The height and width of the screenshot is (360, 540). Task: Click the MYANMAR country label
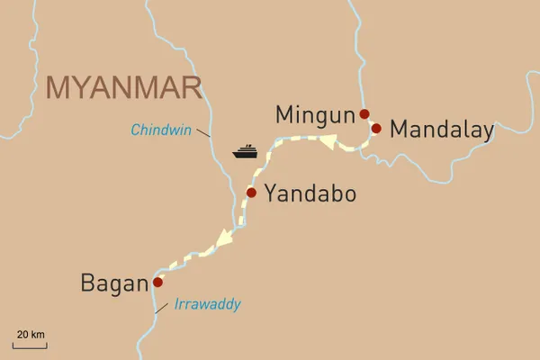(122, 87)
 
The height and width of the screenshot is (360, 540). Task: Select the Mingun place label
(314, 114)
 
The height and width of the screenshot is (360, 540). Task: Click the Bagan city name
(113, 283)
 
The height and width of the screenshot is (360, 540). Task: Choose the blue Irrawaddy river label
(207, 305)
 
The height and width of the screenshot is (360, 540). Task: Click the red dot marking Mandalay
(376, 128)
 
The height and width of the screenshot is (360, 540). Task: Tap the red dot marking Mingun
(364, 114)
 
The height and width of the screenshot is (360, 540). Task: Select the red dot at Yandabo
(251, 192)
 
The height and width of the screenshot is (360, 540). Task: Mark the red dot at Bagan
(157, 282)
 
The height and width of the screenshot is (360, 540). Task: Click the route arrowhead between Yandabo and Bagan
(220, 239)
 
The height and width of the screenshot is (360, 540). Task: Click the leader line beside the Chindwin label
(204, 133)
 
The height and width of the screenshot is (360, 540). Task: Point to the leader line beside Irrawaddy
(160, 308)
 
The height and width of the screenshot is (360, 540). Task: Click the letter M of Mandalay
(402, 130)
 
